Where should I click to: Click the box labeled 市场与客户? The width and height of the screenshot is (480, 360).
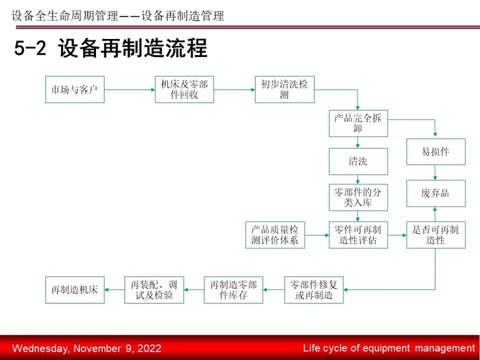pos(75,89)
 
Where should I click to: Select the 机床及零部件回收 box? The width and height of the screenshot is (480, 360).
pos(184,89)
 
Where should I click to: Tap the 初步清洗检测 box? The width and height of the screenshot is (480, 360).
pos(285,89)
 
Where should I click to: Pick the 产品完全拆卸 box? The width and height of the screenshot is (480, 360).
pos(357,123)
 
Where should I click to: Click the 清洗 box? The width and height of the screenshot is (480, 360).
pos(357,162)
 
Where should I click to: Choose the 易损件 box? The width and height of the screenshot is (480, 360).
pos(435,152)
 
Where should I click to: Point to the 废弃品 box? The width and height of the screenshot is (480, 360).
pos(435,193)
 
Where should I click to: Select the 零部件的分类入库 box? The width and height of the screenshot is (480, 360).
pos(357,197)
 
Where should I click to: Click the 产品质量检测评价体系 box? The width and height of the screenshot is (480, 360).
pos(275,235)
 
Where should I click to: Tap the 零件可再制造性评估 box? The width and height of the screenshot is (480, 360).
pos(357,235)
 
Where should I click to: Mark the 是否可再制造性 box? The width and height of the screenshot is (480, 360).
pos(435,235)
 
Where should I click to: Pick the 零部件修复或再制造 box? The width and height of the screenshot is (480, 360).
pos(314,289)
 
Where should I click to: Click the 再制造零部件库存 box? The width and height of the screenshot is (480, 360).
pos(233,289)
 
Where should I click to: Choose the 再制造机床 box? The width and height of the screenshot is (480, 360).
pos(75,289)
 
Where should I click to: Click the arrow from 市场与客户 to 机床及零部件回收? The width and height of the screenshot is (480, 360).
pos(129,89)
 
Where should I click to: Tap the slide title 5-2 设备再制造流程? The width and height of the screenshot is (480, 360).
pos(110,49)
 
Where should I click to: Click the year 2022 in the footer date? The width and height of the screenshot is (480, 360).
pos(149,348)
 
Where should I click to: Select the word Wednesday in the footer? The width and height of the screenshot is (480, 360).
pos(40,348)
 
